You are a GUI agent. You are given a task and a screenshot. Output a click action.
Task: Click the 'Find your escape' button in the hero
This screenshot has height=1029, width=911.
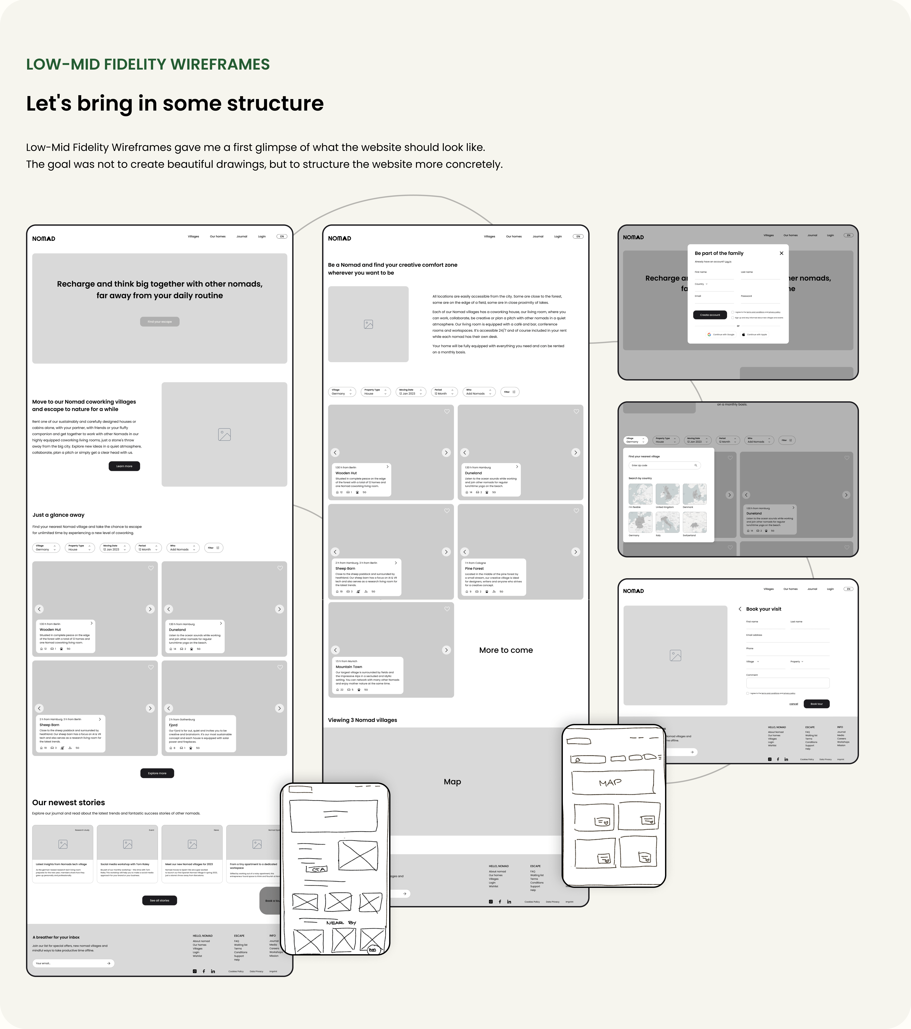pos(160,322)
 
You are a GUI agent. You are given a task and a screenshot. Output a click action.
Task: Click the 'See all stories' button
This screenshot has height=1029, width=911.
pos(160,900)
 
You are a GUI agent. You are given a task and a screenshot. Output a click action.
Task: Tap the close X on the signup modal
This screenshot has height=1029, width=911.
pos(781,253)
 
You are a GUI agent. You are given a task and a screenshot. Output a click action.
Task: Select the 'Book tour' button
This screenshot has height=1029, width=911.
pos(816,704)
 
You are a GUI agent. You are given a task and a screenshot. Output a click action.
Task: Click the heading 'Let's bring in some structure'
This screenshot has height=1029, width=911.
pos(175,104)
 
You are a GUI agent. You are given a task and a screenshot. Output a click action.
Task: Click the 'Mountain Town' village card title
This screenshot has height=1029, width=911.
pos(349,666)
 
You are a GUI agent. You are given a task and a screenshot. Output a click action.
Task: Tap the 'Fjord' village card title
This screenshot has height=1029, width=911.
pos(173,725)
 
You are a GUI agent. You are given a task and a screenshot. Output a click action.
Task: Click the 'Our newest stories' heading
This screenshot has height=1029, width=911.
pos(69,802)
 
